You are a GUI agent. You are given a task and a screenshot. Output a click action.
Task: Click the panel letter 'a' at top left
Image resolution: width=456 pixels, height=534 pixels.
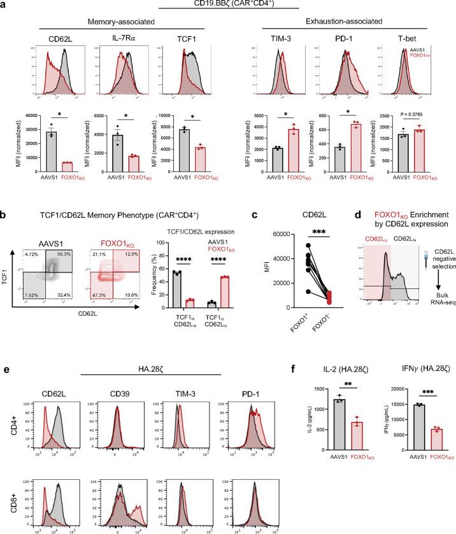[4, 5]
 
